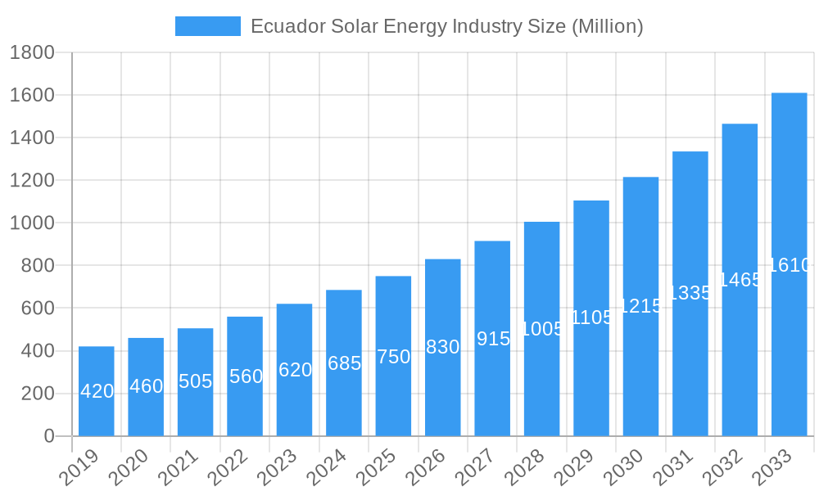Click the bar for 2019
[x=97, y=391]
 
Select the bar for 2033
[x=789, y=264]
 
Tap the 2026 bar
[x=442, y=347]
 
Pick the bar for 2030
[x=640, y=306]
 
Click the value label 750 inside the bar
[x=393, y=357]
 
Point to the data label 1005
[x=542, y=329]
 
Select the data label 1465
[x=740, y=280]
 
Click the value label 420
[x=97, y=391]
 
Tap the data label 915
[x=493, y=339]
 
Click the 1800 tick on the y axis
[x=32, y=53]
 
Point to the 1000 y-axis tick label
[x=32, y=223]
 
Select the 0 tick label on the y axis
[x=49, y=436]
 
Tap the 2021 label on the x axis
[x=178, y=467]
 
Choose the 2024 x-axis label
[x=326, y=467]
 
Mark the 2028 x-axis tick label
[x=524, y=467]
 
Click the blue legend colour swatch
[x=207, y=26]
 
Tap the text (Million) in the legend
[x=607, y=26]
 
